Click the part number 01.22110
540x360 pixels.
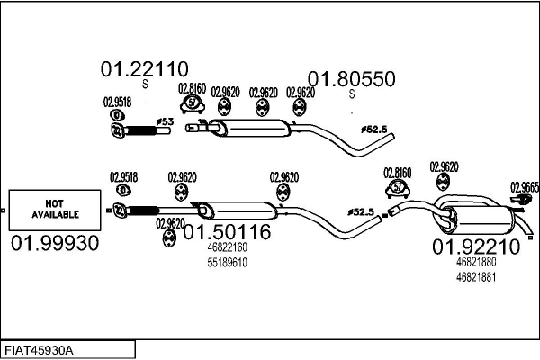(143, 68)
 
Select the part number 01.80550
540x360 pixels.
(352, 79)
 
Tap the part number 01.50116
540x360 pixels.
(227, 232)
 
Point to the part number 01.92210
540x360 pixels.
(476, 246)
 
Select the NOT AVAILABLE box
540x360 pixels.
(56, 210)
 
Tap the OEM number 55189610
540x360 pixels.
(227, 262)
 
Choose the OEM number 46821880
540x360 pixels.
(476, 262)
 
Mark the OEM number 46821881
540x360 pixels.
(476, 276)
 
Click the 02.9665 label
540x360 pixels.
(525, 186)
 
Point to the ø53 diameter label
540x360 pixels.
(165, 120)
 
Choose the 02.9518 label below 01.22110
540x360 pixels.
(117, 102)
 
